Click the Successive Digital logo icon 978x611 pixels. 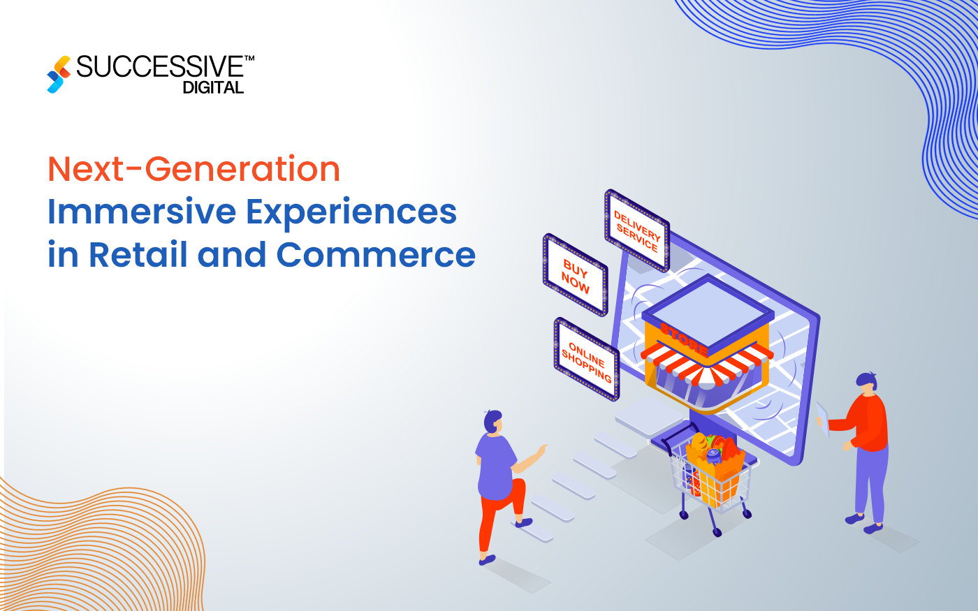(x=59, y=74)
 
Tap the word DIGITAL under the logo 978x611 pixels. (x=213, y=88)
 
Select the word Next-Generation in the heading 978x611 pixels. (x=194, y=170)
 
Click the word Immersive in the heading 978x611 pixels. (x=141, y=212)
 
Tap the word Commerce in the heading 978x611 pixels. (x=376, y=255)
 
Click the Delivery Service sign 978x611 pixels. (x=636, y=230)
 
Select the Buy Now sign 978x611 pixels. (x=575, y=275)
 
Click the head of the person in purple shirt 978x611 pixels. (x=492, y=421)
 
